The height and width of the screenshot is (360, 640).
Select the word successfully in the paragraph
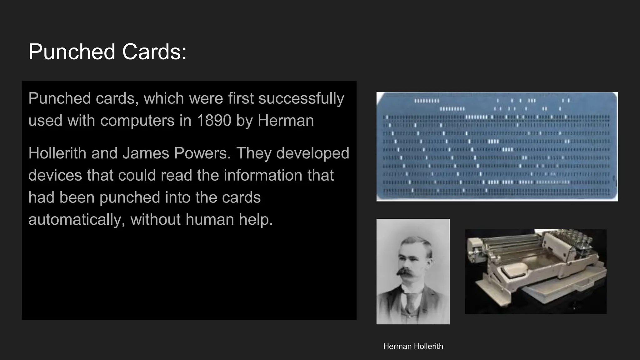(301, 98)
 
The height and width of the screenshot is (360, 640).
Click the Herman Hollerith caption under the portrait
(413, 346)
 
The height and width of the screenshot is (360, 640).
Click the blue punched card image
(497, 147)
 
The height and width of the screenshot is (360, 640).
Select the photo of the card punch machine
(536, 272)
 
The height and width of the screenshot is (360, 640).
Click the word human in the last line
(210, 219)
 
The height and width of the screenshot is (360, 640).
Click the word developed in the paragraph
(312, 153)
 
